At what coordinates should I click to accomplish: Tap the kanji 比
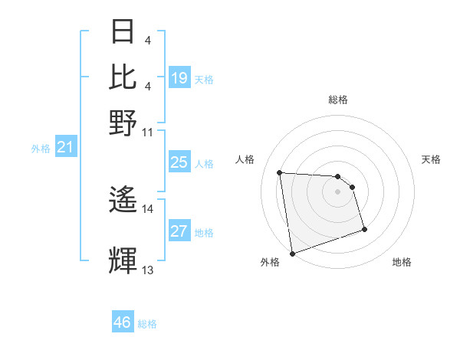[123, 77]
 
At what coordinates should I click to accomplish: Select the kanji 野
[123, 122]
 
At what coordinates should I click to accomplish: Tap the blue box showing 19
[179, 78]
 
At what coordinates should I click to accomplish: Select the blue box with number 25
[179, 162]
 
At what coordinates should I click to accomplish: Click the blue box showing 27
[179, 231]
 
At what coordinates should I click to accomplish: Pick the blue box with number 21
[64, 147]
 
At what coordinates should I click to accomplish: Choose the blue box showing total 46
[123, 322]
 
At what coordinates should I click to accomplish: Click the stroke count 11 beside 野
[148, 131]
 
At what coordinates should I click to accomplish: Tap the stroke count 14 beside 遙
[148, 208]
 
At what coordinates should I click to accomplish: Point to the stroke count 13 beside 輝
[148, 270]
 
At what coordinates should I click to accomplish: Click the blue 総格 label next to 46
[148, 324]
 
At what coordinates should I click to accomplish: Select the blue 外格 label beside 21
[40, 149]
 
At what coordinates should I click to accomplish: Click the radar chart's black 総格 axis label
[337, 100]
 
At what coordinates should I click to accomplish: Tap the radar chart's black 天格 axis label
[431, 159]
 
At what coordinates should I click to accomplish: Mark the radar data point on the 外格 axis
[292, 254]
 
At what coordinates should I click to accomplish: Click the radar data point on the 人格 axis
[280, 172]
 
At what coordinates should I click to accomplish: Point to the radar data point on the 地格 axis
[364, 229]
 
